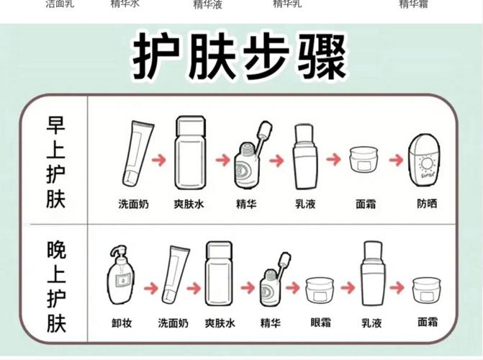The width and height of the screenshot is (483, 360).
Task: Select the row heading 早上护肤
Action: pos(55,162)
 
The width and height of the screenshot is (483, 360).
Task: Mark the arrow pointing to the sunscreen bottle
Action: pos(396,158)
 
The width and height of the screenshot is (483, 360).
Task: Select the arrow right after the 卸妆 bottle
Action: pos(150,288)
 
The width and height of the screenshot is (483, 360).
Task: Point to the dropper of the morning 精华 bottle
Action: pos(263,135)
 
